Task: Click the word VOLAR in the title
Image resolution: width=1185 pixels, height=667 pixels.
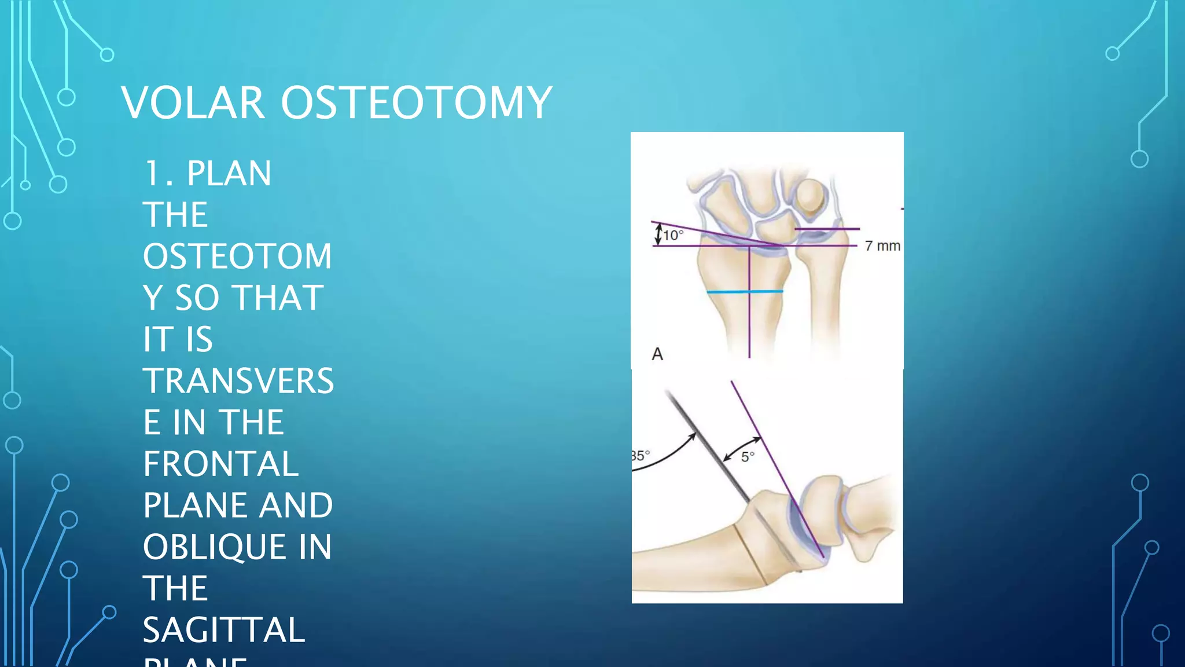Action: tap(193, 102)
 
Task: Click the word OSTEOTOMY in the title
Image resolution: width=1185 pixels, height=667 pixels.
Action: tap(417, 102)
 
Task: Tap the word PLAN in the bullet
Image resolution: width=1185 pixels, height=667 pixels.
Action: tap(229, 173)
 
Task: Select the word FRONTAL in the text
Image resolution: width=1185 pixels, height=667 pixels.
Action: tap(220, 464)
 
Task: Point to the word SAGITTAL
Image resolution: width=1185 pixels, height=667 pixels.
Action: tap(223, 630)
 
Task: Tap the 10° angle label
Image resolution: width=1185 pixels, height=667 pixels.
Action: tap(673, 235)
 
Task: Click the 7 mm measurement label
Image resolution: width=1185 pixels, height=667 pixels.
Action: tap(882, 246)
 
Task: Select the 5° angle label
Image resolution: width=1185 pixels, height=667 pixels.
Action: tap(748, 457)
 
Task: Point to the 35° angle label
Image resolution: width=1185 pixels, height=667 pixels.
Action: tap(640, 456)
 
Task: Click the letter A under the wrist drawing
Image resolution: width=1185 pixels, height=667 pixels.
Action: tap(657, 354)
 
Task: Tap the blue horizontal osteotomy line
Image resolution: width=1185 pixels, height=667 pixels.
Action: tap(745, 292)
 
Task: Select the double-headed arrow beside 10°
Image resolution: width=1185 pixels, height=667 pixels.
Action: tap(658, 234)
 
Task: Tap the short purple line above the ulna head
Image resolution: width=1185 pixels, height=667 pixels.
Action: tap(827, 229)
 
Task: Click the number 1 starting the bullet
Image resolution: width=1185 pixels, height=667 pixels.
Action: tap(153, 173)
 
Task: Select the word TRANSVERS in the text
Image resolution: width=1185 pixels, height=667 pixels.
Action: tap(238, 381)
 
